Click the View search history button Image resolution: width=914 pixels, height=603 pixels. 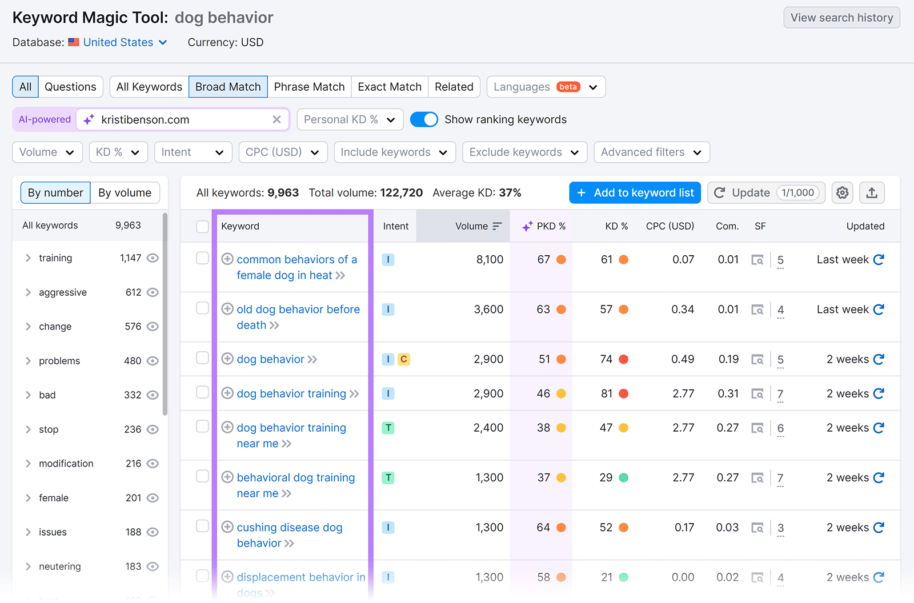pyautogui.click(x=841, y=18)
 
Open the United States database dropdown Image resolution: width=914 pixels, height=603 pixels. pyautogui.click(x=125, y=42)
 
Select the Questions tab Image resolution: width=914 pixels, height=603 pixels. pyautogui.click(x=70, y=87)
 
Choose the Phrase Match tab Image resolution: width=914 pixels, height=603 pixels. pyautogui.click(x=309, y=87)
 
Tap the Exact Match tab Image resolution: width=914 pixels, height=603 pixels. pyautogui.click(x=390, y=87)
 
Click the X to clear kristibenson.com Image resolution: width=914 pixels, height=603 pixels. pyautogui.click(x=276, y=119)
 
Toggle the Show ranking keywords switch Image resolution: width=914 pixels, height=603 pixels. pyautogui.click(x=424, y=119)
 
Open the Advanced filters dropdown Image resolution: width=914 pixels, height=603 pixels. pyautogui.click(x=651, y=152)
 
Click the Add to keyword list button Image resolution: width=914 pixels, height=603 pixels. pyautogui.click(x=635, y=193)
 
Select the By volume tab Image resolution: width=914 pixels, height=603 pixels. pyautogui.click(x=125, y=193)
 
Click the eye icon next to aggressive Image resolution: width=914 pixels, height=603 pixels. pyautogui.click(x=153, y=292)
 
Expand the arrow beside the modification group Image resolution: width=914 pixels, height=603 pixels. pyautogui.click(x=28, y=464)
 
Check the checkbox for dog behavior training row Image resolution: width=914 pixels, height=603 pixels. pyautogui.click(x=202, y=392)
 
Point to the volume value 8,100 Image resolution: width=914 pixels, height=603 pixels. pyautogui.click(x=490, y=260)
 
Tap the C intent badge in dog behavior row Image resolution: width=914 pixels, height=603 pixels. pyautogui.click(x=404, y=359)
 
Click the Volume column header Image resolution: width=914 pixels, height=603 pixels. pyautogui.click(x=472, y=226)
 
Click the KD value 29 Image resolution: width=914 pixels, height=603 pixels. pyautogui.click(x=606, y=478)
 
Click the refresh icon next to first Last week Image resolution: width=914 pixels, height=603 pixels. pyautogui.click(x=879, y=260)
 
